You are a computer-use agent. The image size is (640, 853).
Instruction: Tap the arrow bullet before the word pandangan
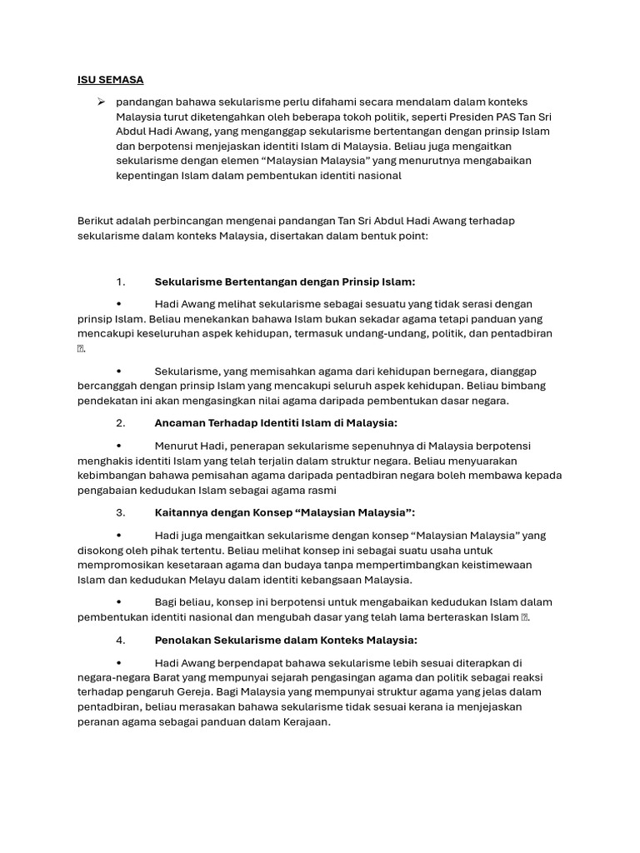pos(100,102)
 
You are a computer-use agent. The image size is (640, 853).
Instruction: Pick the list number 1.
pos(121,282)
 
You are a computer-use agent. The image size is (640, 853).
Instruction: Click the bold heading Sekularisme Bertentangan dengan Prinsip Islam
pos(284,282)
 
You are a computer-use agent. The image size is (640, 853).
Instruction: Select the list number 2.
pos(121,423)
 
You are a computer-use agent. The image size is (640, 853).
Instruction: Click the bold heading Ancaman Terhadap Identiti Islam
pos(276,423)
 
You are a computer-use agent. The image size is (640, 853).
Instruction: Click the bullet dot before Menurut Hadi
pos(120,446)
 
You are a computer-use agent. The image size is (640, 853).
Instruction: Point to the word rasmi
pos(296,490)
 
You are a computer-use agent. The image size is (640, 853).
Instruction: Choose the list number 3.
pos(121,512)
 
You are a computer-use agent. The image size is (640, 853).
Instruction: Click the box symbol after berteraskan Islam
pos(525,617)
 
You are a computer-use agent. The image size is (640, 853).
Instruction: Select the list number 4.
pos(121,640)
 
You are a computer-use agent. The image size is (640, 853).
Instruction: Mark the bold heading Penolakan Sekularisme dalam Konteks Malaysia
pos(286,640)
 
